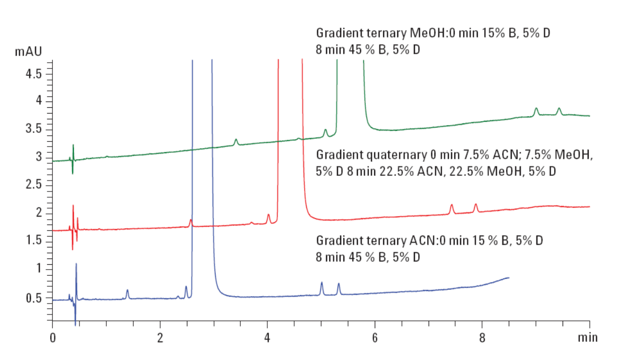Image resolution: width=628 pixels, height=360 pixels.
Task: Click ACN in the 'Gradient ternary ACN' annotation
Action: pos(419,241)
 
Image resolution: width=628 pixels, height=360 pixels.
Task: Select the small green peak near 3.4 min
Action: pos(236,140)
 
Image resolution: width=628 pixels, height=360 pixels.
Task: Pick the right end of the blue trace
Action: pos(509,277)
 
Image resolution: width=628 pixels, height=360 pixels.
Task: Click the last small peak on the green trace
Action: pos(559,109)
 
